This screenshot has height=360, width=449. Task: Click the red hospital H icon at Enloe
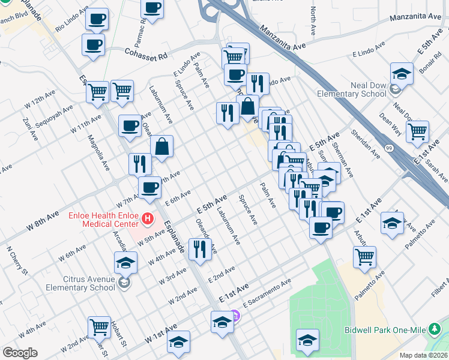coord(146,217)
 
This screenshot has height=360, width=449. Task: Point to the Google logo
coord(20,353)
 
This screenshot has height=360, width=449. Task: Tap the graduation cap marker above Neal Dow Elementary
coord(402,73)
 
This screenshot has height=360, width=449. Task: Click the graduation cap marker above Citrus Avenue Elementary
coord(126,262)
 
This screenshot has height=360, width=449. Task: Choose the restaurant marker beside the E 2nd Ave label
coord(199,248)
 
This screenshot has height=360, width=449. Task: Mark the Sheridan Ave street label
coord(365,145)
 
